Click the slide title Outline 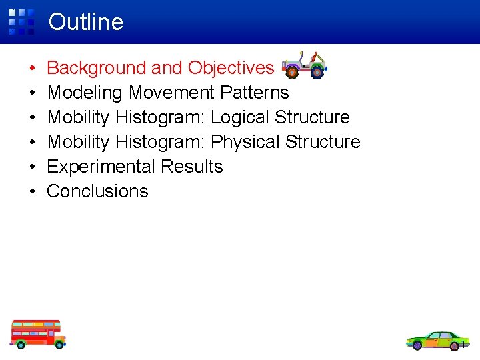(85, 22)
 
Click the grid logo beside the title (21, 21)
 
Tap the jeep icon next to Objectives (304, 65)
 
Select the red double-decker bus (38, 334)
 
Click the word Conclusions (97, 191)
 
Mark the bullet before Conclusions (32, 192)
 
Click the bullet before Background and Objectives (32, 69)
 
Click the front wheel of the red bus (58, 344)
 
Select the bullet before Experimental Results (32, 167)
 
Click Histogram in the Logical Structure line (160, 117)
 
